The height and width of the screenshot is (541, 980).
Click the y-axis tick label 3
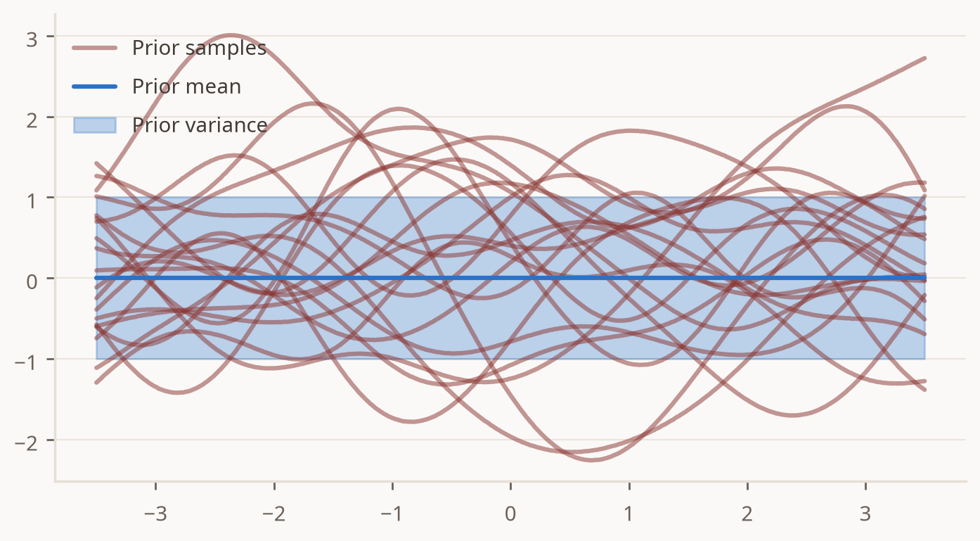coord(32,40)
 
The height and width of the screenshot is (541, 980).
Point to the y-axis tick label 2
coord(32,120)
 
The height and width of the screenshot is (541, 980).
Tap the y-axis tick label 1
coord(32,201)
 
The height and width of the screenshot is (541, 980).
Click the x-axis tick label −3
coord(156,514)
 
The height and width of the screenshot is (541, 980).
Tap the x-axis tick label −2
coord(274,514)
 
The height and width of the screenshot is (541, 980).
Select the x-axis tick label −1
coord(392,514)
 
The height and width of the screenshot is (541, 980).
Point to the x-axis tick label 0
coord(510,514)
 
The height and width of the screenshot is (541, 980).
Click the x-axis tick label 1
coord(629,514)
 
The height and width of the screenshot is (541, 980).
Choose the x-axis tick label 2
coord(747,514)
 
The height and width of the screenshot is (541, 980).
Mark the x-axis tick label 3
coord(865,514)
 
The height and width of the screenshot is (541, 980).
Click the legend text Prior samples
coord(199,48)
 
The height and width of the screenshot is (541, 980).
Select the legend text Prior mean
coord(186,87)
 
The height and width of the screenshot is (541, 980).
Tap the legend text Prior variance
coord(200,125)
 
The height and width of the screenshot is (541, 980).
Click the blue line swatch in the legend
coord(94,87)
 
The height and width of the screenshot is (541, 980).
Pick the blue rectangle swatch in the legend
coord(94,125)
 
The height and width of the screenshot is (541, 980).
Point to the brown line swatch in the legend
coord(94,48)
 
